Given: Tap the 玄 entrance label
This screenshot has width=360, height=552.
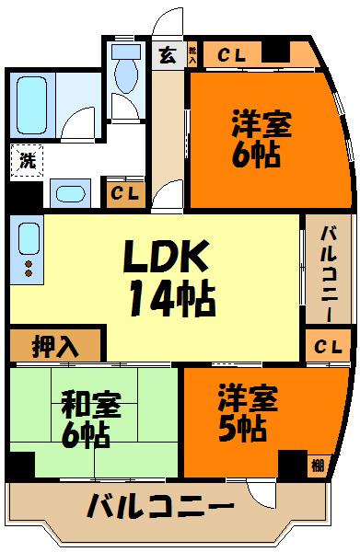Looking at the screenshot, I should [x=168, y=52].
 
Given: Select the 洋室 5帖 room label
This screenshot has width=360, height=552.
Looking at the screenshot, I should [x=241, y=414].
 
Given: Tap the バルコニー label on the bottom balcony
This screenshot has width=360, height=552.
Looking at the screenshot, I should [x=161, y=507].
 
